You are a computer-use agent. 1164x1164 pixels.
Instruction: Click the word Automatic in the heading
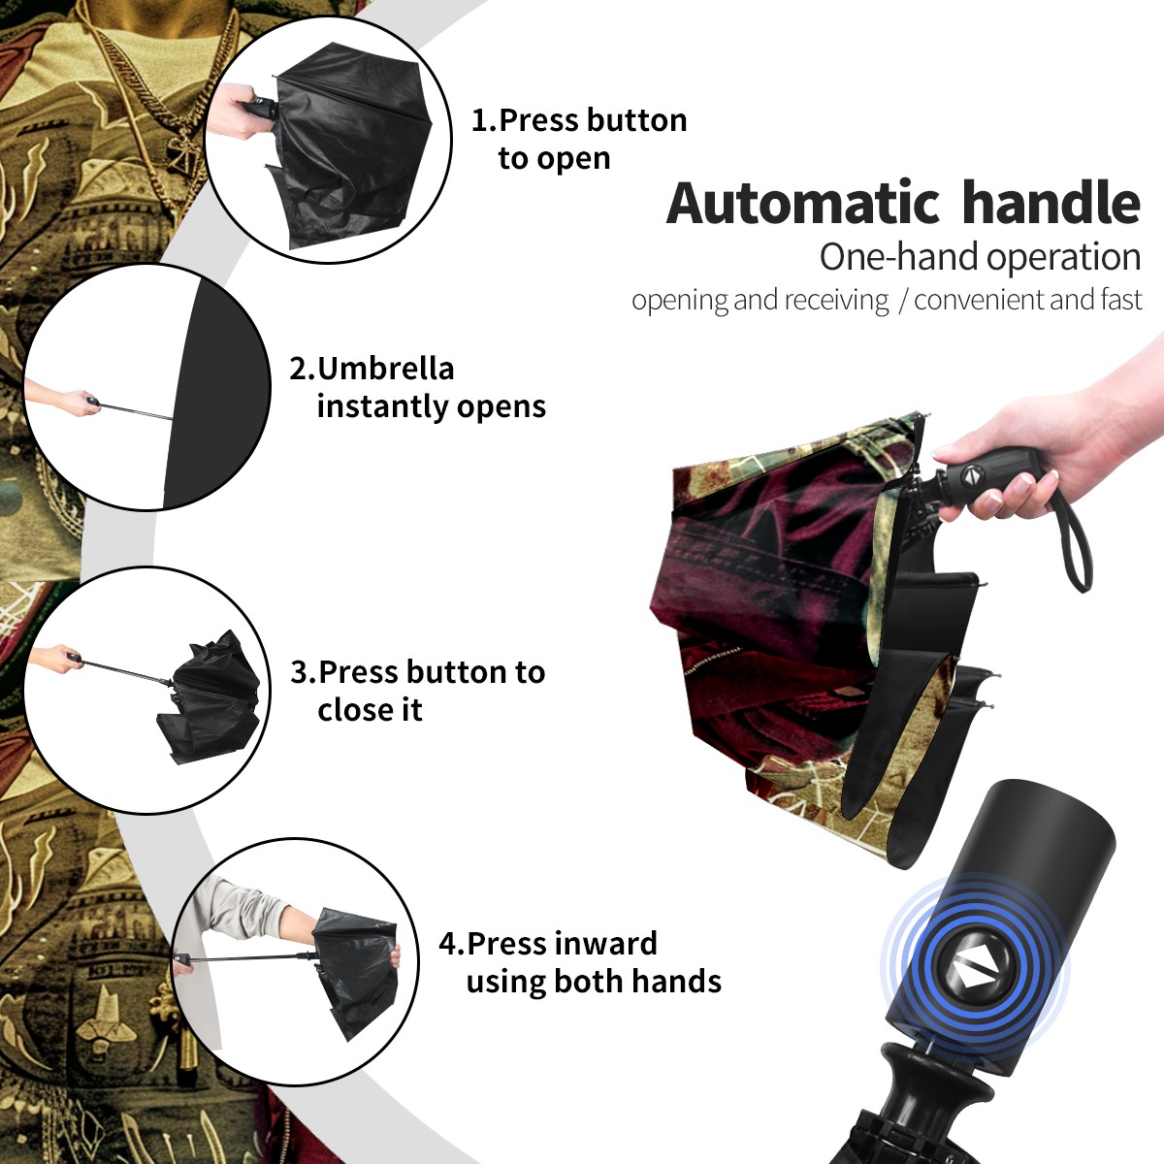point(803,204)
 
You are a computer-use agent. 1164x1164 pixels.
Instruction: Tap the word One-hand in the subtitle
point(899,257)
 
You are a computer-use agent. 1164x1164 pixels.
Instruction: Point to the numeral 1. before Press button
point(483,120)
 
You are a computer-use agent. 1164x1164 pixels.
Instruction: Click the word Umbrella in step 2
point(385,369)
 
